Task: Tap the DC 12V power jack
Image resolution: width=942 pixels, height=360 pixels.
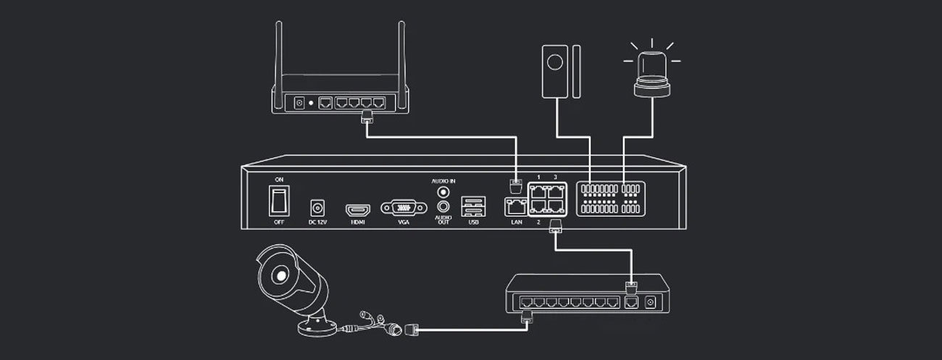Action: pyautogui.click(x=317, y=206)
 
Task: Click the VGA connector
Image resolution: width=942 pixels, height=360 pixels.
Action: pyautogui.click(x=404, y=208)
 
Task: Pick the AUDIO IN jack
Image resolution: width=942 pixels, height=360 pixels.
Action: pyautogui.click(x=443, y=193)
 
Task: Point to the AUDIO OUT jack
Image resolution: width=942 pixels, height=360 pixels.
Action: pyautogui.click(x=443, y=207)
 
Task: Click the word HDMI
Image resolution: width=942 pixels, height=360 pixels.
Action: pyautogui.click(x=357, y=222)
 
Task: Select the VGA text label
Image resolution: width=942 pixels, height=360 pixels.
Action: pyautogui.click(x=404, y=222)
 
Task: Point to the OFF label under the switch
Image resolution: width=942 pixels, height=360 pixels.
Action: pyautogui.click(x=278, y=222)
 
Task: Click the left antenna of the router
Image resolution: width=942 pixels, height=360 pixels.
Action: pyautogui.click(x=279, y=54)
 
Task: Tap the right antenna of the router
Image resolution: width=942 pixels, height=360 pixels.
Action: pyautogui.click(x=399, y=54)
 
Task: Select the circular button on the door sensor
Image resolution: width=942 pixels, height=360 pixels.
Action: pyautogui.click(x=557, y=64)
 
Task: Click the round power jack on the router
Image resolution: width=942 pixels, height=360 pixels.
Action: pyautogui.click(x=299, y=103)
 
